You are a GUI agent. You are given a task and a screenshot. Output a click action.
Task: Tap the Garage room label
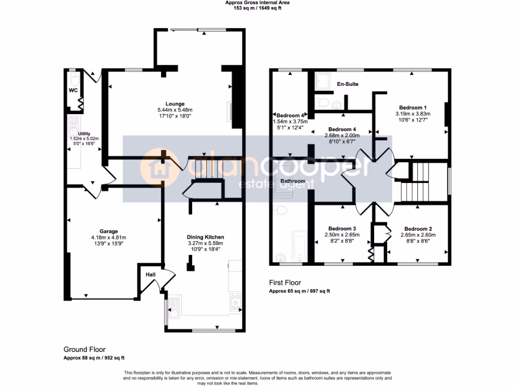point(108,232)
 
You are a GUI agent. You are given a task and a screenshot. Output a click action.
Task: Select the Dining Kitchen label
point(205,237)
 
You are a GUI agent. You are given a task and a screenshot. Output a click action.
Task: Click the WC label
point(73,91)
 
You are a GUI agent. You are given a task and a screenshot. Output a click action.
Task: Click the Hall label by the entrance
point(150,275)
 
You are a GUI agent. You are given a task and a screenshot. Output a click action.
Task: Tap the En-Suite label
point(348,84)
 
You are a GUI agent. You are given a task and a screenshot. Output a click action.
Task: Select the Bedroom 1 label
point(413,108)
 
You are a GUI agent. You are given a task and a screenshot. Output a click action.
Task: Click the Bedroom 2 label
point(417,228)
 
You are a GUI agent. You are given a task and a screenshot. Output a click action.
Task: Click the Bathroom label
point(293,180)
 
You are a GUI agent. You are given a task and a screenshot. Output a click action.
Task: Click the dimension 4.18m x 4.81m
point(108,238)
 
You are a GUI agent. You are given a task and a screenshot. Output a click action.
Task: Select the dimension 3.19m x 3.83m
point(413,114)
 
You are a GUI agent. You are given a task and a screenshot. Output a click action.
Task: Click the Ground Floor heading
point(84,349)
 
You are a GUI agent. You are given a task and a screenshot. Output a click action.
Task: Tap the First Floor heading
point(285,283)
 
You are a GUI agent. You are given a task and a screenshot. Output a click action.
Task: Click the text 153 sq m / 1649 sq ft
point(257,8)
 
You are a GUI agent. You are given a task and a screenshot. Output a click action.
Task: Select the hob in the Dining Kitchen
point(235,302)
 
